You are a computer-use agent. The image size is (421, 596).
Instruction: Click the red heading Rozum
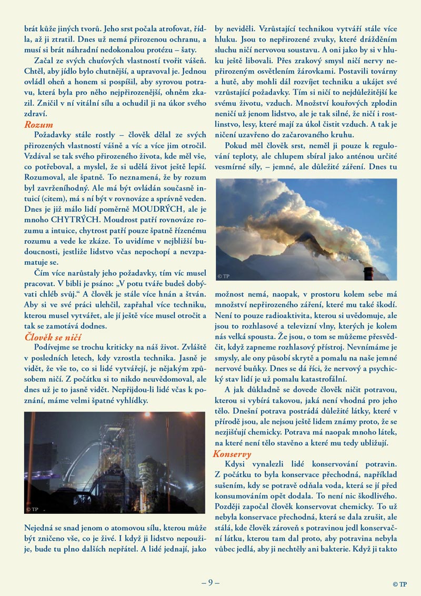(38, 125)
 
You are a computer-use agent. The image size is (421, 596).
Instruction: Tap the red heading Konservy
(232, 453)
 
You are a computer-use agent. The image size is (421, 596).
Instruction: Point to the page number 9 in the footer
(210, 582)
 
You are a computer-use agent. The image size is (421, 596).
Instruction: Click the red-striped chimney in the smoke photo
(368, 273)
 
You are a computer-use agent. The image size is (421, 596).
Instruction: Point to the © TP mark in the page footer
(399, 584)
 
